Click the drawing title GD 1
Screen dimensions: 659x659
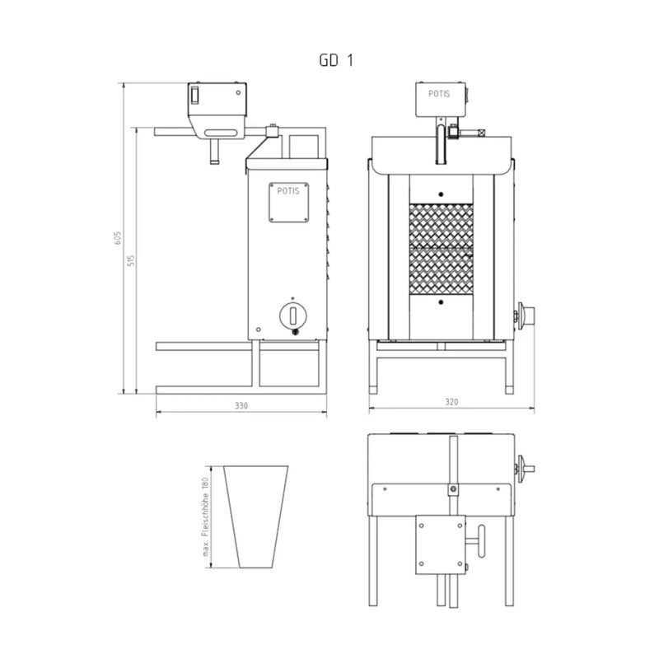point(336,60)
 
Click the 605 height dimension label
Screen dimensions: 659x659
point(118,238)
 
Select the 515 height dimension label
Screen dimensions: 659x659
point(131,260)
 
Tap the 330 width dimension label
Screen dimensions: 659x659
point(241,405)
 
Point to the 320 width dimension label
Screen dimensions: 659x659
point(451,402)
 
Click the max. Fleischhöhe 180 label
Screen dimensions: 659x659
point(205,517)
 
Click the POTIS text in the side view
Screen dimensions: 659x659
point(288,191)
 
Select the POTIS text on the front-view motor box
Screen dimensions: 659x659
point(439,94)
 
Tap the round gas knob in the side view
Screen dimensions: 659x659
point(293,315)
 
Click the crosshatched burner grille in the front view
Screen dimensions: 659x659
point(441,250)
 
